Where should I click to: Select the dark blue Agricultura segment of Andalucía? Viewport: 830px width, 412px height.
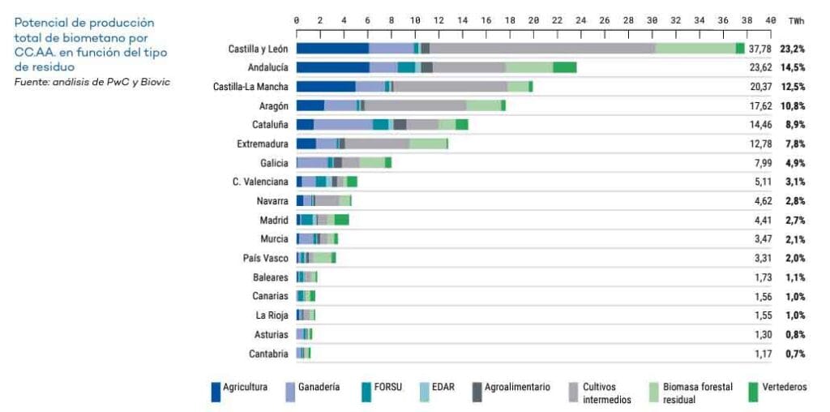(332, 68)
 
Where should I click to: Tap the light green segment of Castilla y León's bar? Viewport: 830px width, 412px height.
(695, 49)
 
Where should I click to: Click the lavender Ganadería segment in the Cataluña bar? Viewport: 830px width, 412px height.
(343, 125)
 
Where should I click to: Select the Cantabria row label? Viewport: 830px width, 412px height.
(268, 354)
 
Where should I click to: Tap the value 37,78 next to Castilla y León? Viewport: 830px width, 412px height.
(759, 49)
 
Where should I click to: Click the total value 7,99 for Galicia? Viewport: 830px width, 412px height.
(762, 163)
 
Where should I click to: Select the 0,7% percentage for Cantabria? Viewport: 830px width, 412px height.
(795, 354)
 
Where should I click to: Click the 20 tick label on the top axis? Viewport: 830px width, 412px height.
(533, 19)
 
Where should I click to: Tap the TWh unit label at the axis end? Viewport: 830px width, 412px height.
(796, 19)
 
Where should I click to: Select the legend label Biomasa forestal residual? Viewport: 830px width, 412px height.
(691, 393)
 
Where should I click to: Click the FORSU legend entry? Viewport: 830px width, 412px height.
(388, 388)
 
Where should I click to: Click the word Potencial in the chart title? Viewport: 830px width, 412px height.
(40, 23)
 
